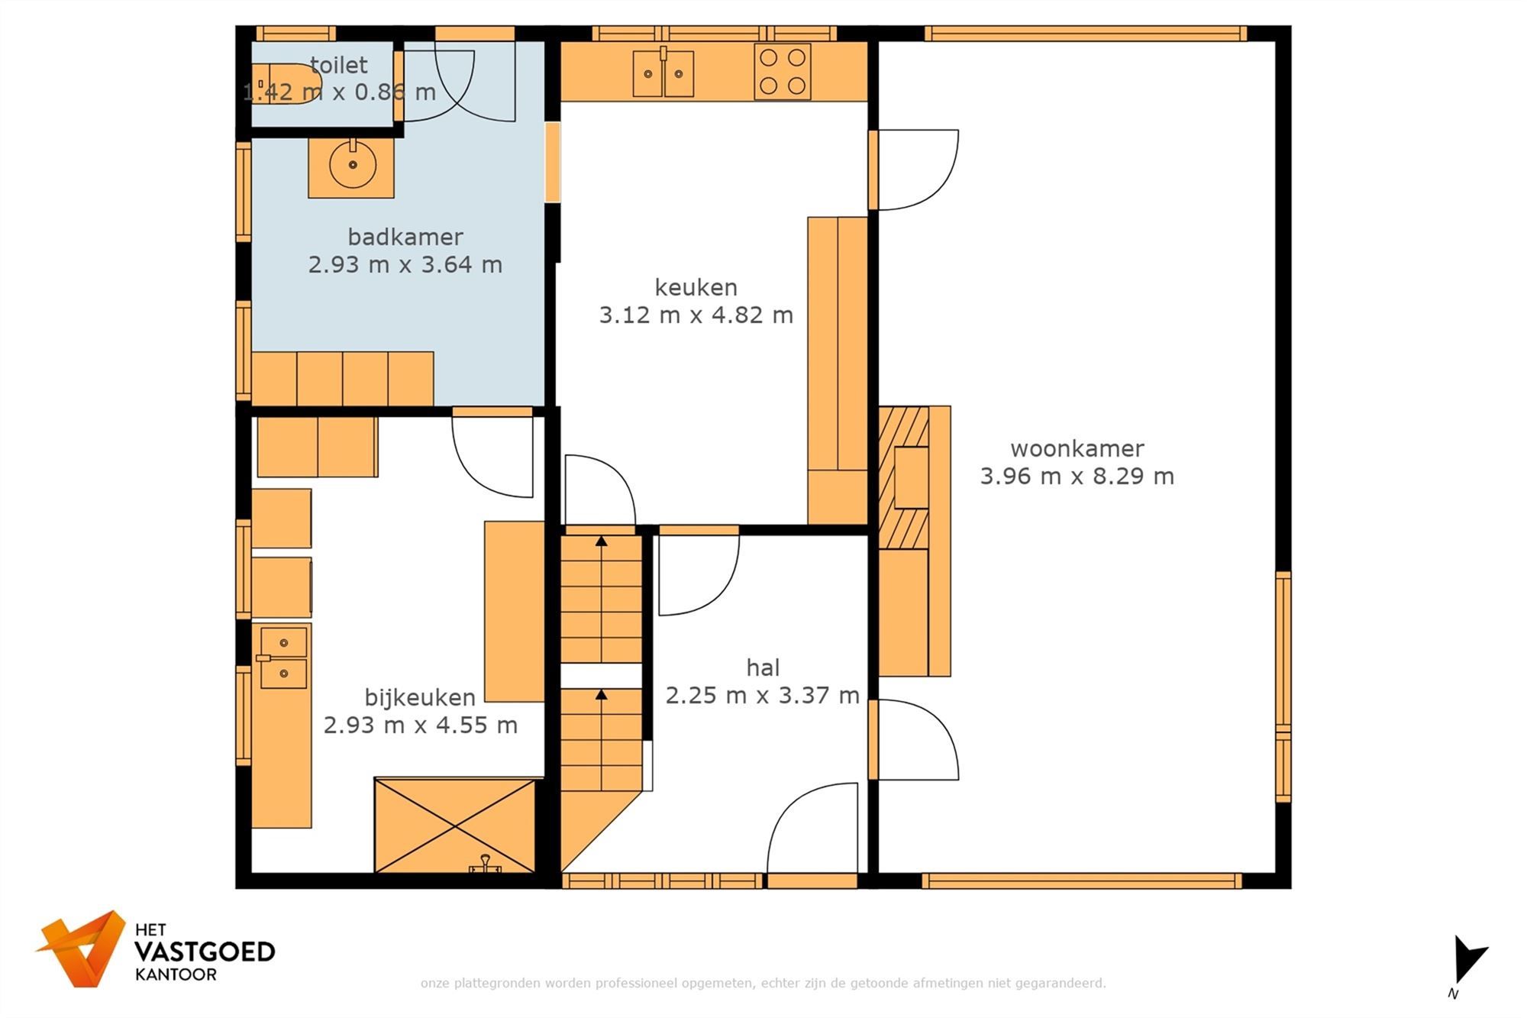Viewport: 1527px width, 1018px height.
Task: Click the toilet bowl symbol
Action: (x=286, y=83)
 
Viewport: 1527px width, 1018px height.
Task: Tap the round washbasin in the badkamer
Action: (x=353, y=164)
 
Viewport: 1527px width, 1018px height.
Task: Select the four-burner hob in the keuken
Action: (x=783, y=71)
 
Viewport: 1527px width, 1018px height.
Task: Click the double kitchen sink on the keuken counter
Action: (x=663, y=73)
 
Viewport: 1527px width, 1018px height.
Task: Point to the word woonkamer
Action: (x=1077, y=448)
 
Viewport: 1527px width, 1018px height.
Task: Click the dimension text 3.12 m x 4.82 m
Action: (x=696, y=315)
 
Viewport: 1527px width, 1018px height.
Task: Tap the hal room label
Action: (x=763, y=667)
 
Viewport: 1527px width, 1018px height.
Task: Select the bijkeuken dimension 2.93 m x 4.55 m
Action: (x=421, y=725)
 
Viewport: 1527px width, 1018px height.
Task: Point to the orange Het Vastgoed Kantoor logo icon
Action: (x=82, y=948)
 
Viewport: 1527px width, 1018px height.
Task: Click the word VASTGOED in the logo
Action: (x=205, y=952)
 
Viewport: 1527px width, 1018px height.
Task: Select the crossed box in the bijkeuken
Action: (x=455, y=825)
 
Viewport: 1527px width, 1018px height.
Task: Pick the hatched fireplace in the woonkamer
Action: (x=904, y=477)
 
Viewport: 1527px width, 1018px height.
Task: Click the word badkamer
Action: (x=405, y=237)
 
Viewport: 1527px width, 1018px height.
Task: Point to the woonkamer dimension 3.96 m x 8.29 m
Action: (x=1077, y=476)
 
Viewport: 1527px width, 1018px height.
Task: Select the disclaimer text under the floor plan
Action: (x=763, y=983)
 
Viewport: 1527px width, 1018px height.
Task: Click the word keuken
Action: (x=696, y=287)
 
